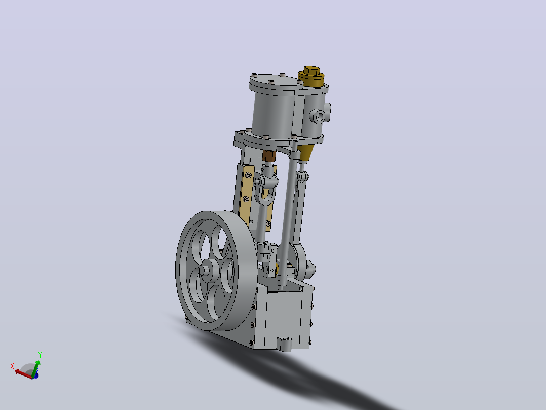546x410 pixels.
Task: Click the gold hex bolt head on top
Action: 311,71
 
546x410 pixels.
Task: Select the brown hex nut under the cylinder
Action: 269,156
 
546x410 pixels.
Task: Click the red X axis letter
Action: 12,366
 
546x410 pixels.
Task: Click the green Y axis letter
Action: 40,355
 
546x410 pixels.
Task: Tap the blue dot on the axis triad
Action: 36,375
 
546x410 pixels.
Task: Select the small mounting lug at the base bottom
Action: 285,344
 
